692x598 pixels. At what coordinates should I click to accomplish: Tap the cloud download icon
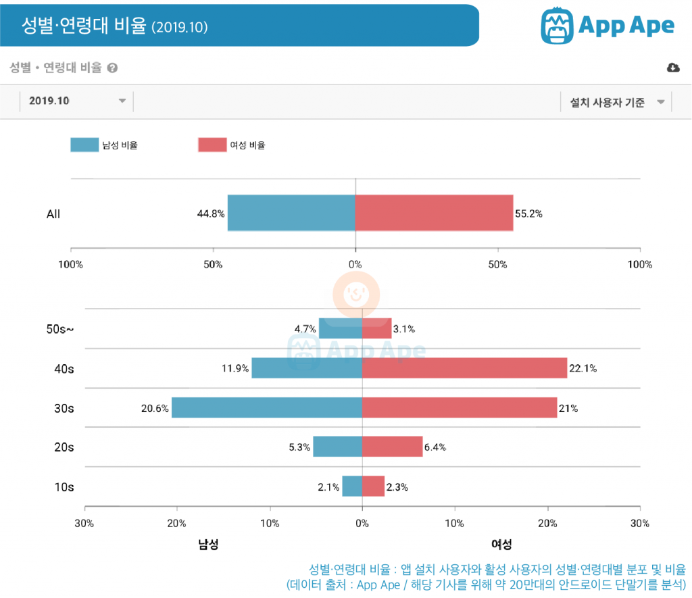tap(672, 68)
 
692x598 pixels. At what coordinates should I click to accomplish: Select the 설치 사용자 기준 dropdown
tap(614, 103)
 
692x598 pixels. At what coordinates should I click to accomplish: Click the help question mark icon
tap(112, 68)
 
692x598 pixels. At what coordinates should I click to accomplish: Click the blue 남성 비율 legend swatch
tap(84, 145)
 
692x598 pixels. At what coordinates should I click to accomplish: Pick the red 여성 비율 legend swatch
tap(212, 145)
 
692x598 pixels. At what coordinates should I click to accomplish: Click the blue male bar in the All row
tap(291, 214)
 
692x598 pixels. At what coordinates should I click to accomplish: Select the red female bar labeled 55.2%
tap(434, 214)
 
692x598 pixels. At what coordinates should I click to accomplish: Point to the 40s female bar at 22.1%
tap(464, 368)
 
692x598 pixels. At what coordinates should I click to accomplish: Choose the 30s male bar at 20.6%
tap(266, 407)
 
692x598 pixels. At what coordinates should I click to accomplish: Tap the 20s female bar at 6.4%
tap(392, 447)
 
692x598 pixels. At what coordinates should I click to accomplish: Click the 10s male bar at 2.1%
tap(352, 486)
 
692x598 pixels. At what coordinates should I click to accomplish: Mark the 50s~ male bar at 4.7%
tap(340, 329)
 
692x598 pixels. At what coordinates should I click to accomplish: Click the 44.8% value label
tap(211, 214)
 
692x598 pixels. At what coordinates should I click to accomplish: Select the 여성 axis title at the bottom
tap(501, 544)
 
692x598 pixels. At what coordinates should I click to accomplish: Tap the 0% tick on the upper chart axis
tap(355, 264)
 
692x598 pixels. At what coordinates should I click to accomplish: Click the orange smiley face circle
tap(356, 295)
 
